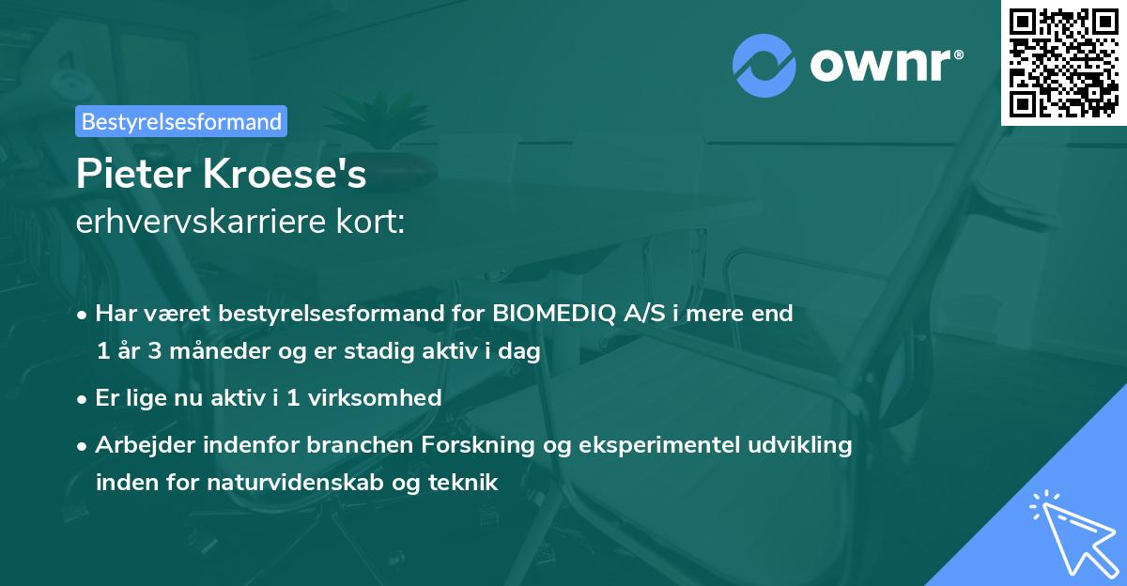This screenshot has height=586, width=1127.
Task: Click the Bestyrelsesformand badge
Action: pos(181,121)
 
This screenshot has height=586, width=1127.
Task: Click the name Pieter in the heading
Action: pos(127,174)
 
